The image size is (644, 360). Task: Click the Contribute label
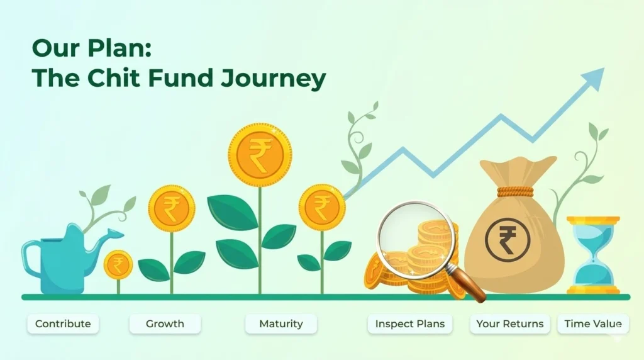point(63,324)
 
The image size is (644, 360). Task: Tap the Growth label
point(165,324)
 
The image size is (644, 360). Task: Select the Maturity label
point(281,324)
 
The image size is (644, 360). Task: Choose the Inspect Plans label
point(410,324)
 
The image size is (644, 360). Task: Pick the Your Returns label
point(509,324)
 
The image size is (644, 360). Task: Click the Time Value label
point(593,324)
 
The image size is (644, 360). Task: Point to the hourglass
point(593,255)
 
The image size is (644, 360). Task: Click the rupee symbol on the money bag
point(508,240)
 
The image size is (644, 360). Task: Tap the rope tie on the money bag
point(516,192)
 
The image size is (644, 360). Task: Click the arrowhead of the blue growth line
point(595,78)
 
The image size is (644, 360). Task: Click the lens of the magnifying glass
point(416,237)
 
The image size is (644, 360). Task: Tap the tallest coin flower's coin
point(260,155)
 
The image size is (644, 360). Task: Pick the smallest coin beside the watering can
point(118,265)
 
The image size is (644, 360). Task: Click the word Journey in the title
point(273,78)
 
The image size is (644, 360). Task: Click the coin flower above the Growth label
point(172,208)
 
